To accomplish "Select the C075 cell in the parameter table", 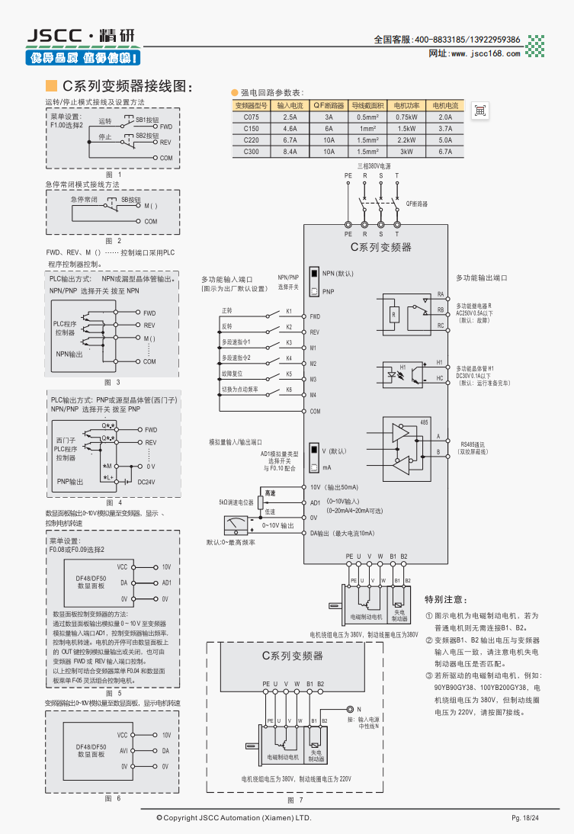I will tap(252, 117).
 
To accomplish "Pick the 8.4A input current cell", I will tap(290, 152).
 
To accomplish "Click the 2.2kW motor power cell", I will tap(406, 140).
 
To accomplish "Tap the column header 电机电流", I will tap(446, 106).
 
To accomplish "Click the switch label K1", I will tap(289, 311).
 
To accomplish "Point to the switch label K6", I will tap(289, 390).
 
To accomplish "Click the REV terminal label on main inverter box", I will tap(314, 332).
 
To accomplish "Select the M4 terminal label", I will tap(313, 395).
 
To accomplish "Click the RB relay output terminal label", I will tap(441, 310).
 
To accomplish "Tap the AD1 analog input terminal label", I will tap(315, 502).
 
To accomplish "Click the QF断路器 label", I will tap(416, 204).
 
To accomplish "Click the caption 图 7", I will tap(295, 800).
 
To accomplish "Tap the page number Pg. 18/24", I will tap(525, 818).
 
